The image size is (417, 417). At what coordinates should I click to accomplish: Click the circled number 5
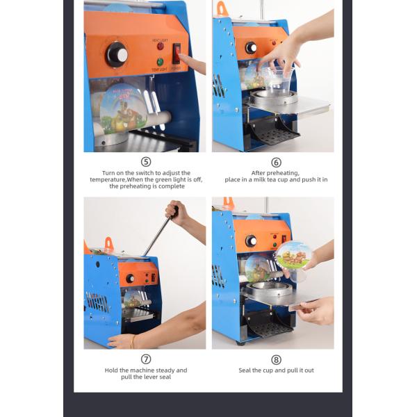[146, 161]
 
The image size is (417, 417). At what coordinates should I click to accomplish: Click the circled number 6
[276, 161]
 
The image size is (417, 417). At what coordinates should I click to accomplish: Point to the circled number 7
[146, 359]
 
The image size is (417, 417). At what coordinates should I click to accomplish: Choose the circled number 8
[276, 359]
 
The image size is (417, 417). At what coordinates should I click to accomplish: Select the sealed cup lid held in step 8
[294, 255]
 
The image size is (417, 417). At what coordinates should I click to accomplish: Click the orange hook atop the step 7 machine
[108, 244]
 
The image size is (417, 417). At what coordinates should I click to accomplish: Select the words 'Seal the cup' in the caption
[256, 370]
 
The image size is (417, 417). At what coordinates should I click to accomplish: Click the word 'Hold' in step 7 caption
[111, 370]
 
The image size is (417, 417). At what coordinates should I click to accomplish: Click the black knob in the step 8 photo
[250, 241]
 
